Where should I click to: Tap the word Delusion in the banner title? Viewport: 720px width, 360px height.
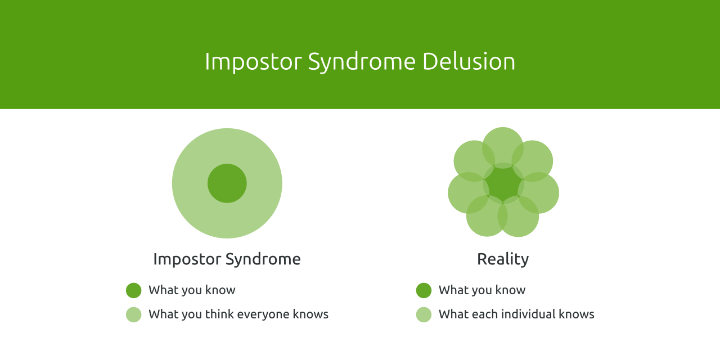[469, 61]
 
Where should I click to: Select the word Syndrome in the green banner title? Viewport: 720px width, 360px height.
[362, 61]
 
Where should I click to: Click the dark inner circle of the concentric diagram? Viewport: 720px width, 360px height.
[227, 183]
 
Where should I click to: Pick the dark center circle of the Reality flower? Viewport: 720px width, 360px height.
[503, 183]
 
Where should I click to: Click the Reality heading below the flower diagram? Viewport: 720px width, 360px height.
[503, 259]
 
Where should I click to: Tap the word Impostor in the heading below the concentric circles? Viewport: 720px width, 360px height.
[187, 259]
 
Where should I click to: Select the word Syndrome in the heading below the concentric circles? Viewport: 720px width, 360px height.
[263, 259]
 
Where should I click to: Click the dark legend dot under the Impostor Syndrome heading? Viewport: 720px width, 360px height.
[134, 290]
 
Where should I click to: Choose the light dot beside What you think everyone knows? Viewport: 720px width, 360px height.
[134, 314]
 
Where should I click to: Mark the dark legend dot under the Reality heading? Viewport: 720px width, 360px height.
[424, 290]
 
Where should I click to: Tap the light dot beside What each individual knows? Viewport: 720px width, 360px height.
[424, 314]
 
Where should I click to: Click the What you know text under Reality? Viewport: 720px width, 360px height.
[482, 290]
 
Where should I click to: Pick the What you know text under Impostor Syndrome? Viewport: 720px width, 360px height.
[192, 290]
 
